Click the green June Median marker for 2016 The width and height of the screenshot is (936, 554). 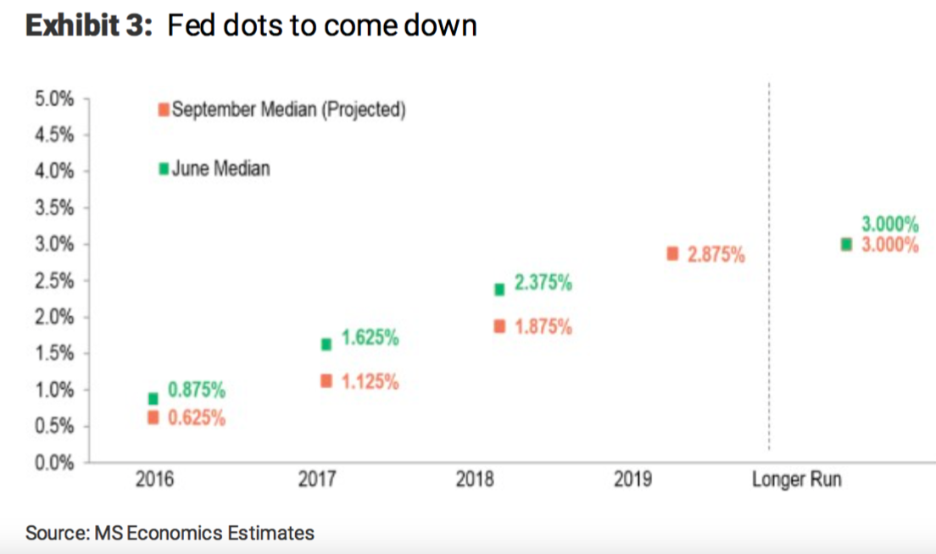click(x=153, y=399)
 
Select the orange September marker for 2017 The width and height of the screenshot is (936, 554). click(x=326, y=381)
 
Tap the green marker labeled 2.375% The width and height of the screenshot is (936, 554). click(x=499, y=290)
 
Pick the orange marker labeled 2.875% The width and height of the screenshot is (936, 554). click(x=672, y=253)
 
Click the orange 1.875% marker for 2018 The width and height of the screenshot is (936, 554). click(x=499, y=326)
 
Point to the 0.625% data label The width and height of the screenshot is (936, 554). click(x=197, y=418)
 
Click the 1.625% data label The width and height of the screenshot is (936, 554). click(x=370, y=339)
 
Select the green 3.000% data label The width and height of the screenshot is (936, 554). click(x=890, y=224)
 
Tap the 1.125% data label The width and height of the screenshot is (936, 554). click(x=370, y=382)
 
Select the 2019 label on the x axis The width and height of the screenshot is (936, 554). click(x=632, y=480)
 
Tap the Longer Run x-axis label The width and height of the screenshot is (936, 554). click(x=797, y=480)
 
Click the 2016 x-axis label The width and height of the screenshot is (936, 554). click(x=154, y=480)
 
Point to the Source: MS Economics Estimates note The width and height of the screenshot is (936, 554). click(x=170, y=533)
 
